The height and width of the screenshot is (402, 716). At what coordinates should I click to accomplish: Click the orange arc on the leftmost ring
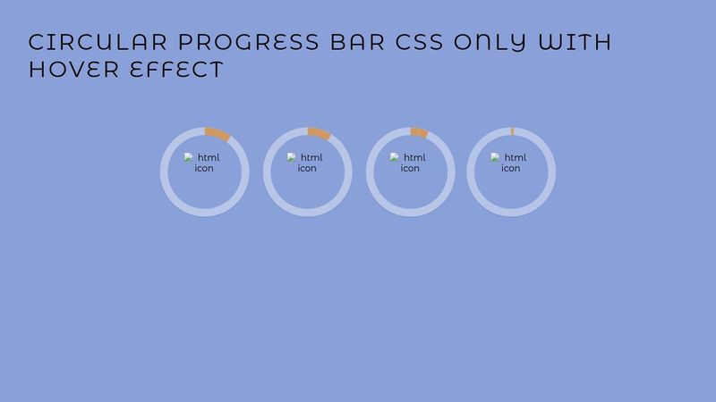click(x=217, y=134)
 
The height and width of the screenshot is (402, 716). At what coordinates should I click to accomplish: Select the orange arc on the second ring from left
click(x=320, y=134)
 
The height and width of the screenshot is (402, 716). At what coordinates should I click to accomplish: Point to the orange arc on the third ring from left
click(x=419, y=133)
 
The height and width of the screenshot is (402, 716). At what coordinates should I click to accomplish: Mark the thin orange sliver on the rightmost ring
click(x=512, y=131)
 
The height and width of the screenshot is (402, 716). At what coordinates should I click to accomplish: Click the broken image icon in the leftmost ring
click(x=189, y=157)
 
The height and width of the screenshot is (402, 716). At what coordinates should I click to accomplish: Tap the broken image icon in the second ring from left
click(x=292, y=157)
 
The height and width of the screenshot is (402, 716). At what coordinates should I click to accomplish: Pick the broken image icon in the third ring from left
click(x=395, y=157)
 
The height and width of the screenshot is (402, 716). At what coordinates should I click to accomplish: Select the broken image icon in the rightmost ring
click(x=495, y=157)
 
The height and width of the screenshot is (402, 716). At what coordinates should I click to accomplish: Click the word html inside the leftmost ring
click(x=209, y=157)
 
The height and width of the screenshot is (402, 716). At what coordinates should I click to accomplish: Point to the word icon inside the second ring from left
click(x=307, y=168)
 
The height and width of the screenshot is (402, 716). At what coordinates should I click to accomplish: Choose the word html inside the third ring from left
click(x=414, y=157)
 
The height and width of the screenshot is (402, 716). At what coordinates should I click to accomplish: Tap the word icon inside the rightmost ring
click(x=510, y=168)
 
